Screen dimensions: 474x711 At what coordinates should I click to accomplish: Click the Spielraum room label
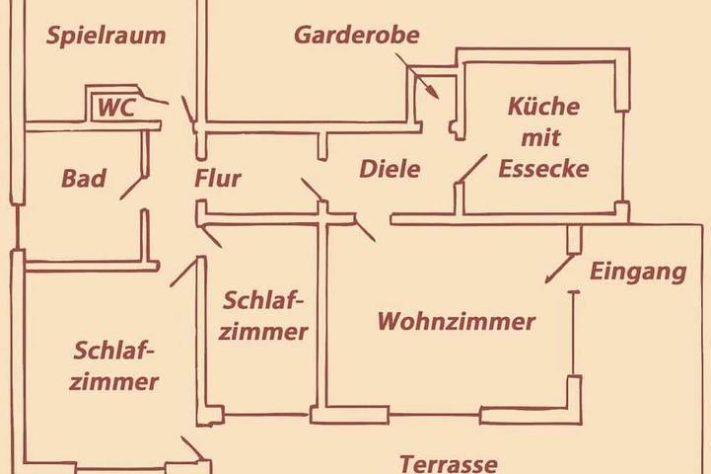pos(105,37)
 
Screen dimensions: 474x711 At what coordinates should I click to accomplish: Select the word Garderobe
pos(357,37)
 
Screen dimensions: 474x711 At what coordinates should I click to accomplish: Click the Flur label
pos(218,180)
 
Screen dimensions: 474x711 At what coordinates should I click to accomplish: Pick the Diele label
pos(390,169)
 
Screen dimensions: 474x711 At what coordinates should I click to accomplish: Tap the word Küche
pos(543,108)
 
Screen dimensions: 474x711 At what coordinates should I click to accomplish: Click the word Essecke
pos(543,169)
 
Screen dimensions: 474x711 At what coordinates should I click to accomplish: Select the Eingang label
pos(637,272)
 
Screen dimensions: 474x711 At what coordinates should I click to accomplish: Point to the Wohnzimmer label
pos(457,321)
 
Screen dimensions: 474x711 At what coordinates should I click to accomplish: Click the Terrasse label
pos(449,462)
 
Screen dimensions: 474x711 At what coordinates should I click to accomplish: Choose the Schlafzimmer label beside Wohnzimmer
pos(263,315)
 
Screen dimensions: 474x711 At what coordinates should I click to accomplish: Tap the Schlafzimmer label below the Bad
pos(115,365)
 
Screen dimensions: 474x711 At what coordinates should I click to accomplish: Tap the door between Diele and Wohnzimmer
pos(364,230)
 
